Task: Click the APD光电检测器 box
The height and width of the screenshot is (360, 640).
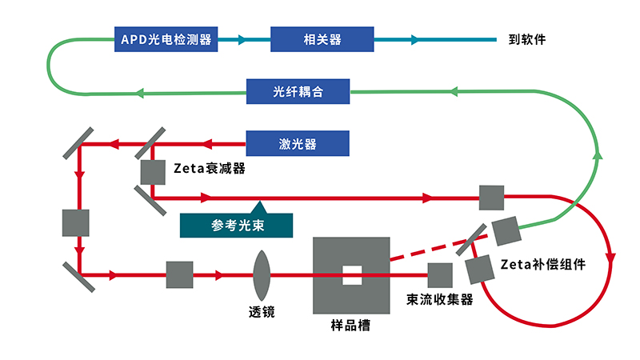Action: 166,38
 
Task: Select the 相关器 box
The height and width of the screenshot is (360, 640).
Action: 322,38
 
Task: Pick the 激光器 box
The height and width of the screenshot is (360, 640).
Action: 298,144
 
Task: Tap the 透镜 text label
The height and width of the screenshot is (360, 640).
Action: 262,312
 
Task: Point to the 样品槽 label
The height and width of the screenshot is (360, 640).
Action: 350,326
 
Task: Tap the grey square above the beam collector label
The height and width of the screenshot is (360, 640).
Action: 440,275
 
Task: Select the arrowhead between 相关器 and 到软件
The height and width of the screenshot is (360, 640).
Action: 414,38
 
